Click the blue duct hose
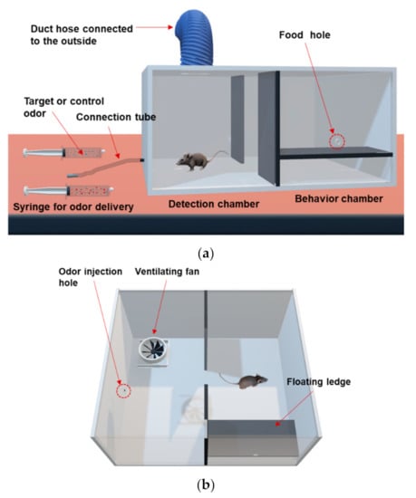(x=194, y=36)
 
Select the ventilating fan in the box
(x=153, y=350)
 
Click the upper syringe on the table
(x=63, y=153)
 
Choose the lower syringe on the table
(x=68, y=191)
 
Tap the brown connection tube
(x=105, y=168)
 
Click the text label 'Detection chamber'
(x=214, y=204)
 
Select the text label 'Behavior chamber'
(x=339, y=199)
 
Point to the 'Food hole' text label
(x=305, y=35)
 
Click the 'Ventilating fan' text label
(x=167, y=272)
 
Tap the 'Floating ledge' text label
(x=318, y=382)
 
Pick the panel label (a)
(x=206, y=254)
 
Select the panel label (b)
(x=206, y=485)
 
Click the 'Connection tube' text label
(x=116, y=117)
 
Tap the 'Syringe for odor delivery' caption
(x=73, y=207)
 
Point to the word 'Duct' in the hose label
(x=41, y=29)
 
